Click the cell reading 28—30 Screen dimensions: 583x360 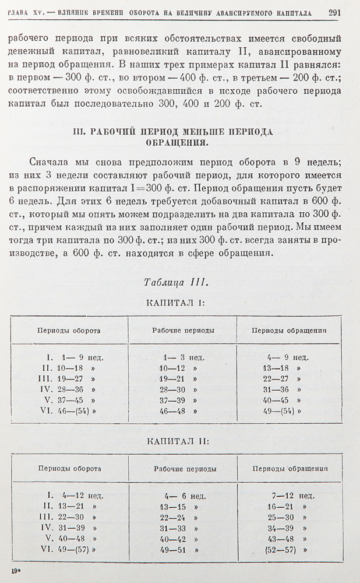coord(173,389)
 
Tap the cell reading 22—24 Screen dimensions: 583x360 coord(173,517)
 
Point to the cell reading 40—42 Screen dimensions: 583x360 coord(173,538)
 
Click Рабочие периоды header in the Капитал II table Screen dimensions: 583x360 coord(185,468)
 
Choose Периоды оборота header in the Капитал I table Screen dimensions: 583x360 coord(69,331)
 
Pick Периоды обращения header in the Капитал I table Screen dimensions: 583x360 coord(289,331)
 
